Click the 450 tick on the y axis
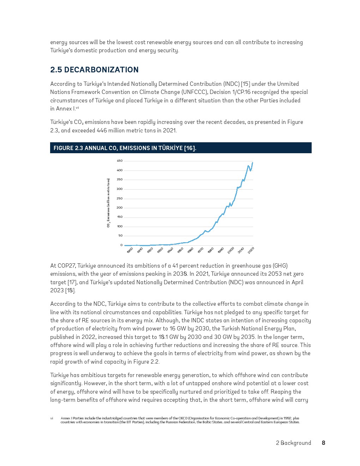click(x=120, y=161)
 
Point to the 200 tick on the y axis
click(x=120, y=208)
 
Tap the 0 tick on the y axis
click(x=121, y=245)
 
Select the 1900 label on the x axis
click(x=130, y=250)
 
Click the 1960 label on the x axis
click(x=191, y=250)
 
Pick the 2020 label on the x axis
click(x=251, y=250)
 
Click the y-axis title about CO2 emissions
click(x=109, y=203)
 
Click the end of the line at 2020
click(x=252, y=163)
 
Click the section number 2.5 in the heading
click(x=56, y=70)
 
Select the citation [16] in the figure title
click(x=190, y=148)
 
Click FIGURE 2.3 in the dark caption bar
click(x=68, y=148)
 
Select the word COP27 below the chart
click(x=66, y=266)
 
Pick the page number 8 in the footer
click(x=324, y=443)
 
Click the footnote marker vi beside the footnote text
click(x=52, y=418)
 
